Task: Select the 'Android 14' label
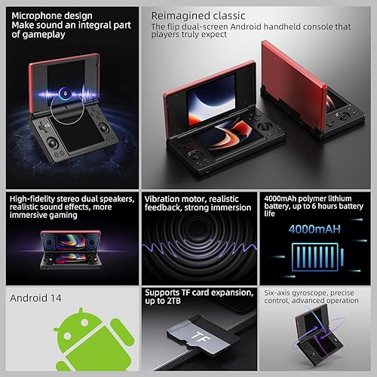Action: [x=35, y=297]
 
